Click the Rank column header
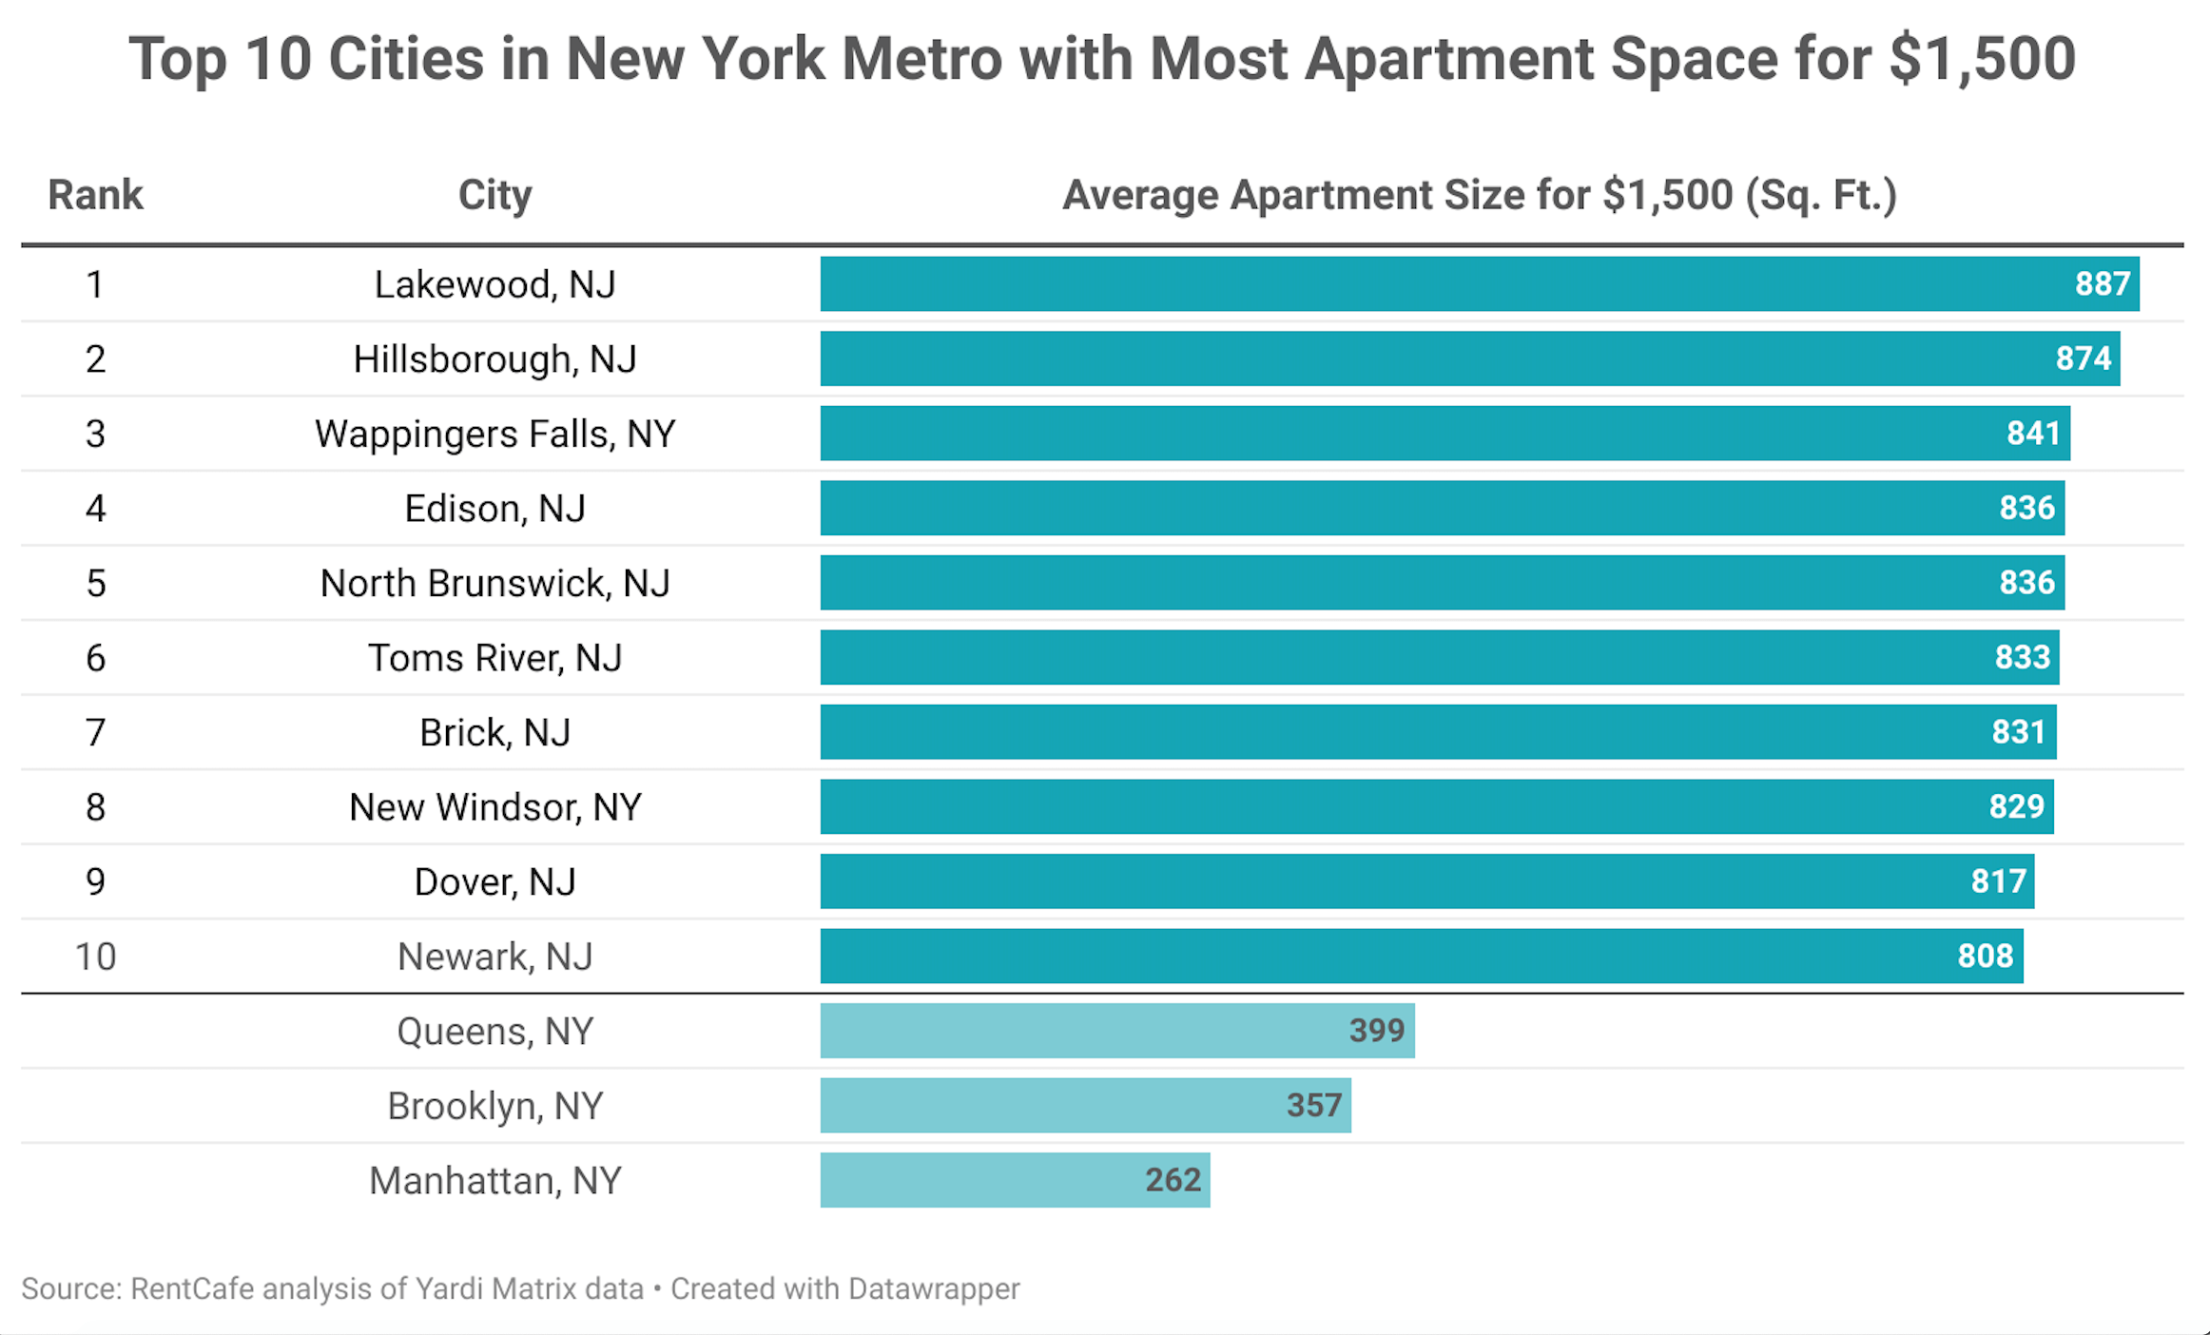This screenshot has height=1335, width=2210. coord(95,195)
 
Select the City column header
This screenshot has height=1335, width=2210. coord(494,195)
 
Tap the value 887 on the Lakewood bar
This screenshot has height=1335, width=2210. coord(2102,283)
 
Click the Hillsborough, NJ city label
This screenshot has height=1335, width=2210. coord(494,359)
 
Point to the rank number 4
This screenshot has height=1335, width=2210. coord(95,509)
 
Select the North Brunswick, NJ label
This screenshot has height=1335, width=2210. coord(494,583)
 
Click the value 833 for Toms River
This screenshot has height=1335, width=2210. coord(2022,657)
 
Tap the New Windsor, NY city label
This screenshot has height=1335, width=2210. coord(494,807)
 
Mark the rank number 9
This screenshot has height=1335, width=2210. coord(95,881)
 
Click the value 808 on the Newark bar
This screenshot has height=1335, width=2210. coord(1985,956)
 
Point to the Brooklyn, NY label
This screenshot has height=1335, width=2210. coord(494,1106)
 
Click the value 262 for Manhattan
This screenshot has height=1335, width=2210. coord(1173,1180)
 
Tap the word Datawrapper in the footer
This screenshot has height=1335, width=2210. coord(933,1289)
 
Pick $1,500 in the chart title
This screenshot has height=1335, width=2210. coord(1982,59)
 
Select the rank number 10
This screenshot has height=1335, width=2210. coord(95,957)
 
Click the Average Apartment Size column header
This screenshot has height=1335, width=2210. coord(1480,195)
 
